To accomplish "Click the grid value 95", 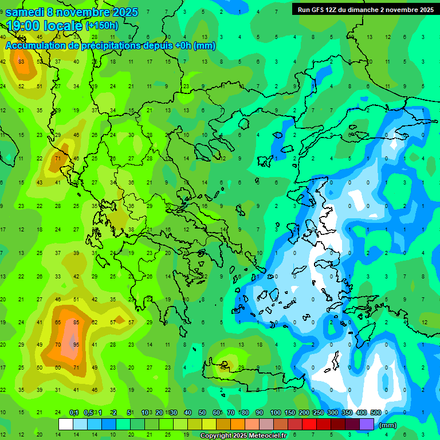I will point(76,345).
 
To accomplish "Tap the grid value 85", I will point(76,322).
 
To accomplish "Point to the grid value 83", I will point(21,62).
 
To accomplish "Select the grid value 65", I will point(58,322).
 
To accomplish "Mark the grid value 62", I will point(95,322).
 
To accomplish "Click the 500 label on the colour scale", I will point(376,412).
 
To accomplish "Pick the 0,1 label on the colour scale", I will point(74,412).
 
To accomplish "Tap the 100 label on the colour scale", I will point(275,412).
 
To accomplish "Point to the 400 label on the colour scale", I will point(361,412).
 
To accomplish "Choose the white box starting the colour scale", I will point(66,424).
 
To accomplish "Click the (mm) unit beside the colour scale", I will point(388,425).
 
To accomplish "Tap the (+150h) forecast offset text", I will point(102,25).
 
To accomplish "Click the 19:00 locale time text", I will point(44,25).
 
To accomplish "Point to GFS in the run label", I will point(319,10).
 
